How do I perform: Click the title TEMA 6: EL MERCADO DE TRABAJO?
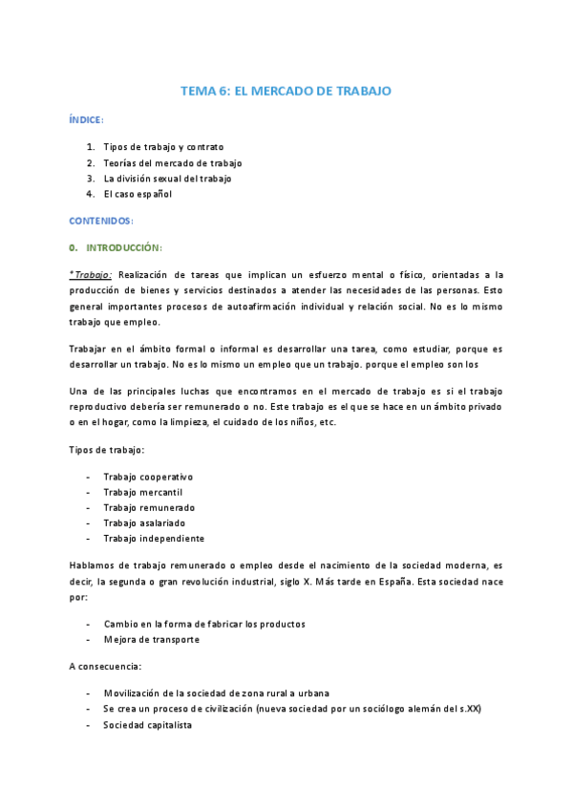pyautogui.click(x=286, y=91)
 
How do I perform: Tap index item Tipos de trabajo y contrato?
pyautogui.click(x=163, y=147)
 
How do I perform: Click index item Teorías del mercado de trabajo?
pyautogui.click(x=173, y=162)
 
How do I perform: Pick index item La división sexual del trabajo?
pyautogui.click(x=167, y=178)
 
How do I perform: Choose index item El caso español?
pyautogui.click(x=138, y=193)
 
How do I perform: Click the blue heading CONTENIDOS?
pyautogui.click(x=101, y=221)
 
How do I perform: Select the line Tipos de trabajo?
pyautogui.click(x=106, y=449)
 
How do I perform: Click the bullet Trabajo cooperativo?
pyautogui.click(x=148, y=476)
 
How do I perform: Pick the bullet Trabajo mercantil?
pyautogui.click(x=143, y=491)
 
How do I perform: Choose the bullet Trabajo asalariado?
pyautogui.click(x=144, y=522)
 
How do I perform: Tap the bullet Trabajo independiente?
pyautogui.click(x=153, y=537)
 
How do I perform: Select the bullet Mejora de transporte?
pyautogui.click(x=151, y=639)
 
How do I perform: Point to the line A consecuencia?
pyautogui.click(x=106, y=667)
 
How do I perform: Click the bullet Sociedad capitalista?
pyautogui.click(x=147, y=725)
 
